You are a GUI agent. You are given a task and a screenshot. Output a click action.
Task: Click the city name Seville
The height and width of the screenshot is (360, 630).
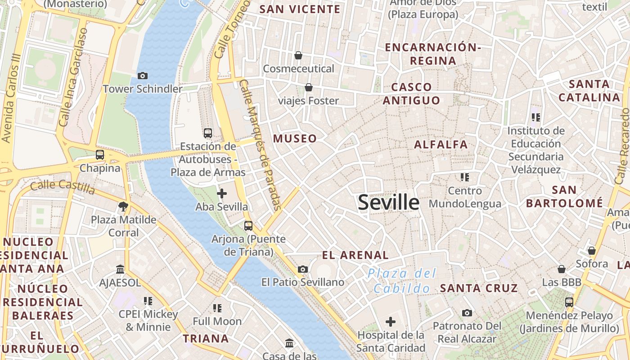click(x=389, y=203)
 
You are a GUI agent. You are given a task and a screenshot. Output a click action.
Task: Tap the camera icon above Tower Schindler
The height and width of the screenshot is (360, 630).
click(x=143, y=76)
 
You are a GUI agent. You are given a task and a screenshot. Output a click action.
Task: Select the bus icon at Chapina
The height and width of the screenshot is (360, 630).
click(x=100, y=155)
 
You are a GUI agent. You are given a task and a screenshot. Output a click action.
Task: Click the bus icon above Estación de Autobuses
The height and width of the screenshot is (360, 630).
click(x=207, y=133)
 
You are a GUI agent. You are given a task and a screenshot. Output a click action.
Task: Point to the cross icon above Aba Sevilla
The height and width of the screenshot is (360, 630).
click(x=221, y=193)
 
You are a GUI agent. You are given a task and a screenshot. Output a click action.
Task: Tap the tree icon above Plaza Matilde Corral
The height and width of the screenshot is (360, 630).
click(x=123, y=207)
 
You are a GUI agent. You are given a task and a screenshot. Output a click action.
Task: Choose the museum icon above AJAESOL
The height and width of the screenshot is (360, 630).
click(x=120, y=269)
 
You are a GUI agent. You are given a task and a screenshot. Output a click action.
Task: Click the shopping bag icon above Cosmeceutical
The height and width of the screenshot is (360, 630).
click(x=298, y=55)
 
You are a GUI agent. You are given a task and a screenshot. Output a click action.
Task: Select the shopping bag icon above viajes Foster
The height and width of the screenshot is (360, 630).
click(x=308, y=87)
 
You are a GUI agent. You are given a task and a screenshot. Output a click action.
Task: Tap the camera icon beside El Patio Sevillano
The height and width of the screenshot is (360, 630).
click(x=303, y=269)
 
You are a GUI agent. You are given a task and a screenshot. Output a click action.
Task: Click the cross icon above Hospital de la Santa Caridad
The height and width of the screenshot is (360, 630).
click(x=391, y=322)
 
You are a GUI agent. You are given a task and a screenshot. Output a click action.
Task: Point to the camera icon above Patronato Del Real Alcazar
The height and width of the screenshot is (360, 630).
click(x=467, y=313)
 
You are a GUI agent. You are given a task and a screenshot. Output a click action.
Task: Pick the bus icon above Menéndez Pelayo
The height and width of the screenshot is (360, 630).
click(x=569, y=302)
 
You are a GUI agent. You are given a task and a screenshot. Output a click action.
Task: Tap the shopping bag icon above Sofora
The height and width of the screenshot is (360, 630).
click(x=592, y=250)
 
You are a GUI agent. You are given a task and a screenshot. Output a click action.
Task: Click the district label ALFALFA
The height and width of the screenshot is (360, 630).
click(x=441, y=144)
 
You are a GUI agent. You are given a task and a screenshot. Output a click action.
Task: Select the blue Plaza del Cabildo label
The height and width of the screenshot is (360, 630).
click(x=401, y=281)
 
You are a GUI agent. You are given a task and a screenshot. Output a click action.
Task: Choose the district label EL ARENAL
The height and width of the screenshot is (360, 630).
click(x=355, y=255)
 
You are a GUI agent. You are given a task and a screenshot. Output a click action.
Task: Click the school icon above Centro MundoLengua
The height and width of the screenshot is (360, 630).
click(x=464, y=177)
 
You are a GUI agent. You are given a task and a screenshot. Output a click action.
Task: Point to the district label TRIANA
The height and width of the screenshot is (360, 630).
click(x=206, y=338)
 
